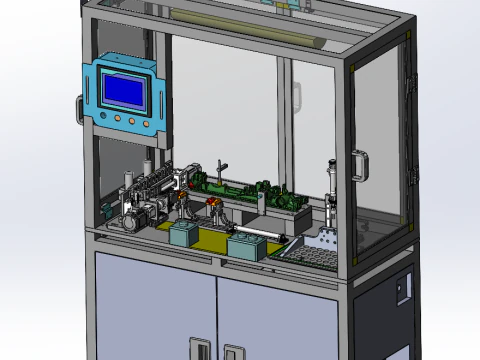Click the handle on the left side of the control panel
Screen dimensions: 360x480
(81, 108)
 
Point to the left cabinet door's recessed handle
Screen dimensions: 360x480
(201, 351)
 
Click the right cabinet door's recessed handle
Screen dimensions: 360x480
(233, 353)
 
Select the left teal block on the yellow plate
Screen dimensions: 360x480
(183, 234)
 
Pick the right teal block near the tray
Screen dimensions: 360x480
(245, 246)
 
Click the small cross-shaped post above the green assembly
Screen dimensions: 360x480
(223, 166)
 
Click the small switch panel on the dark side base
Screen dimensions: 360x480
(403, 288)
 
